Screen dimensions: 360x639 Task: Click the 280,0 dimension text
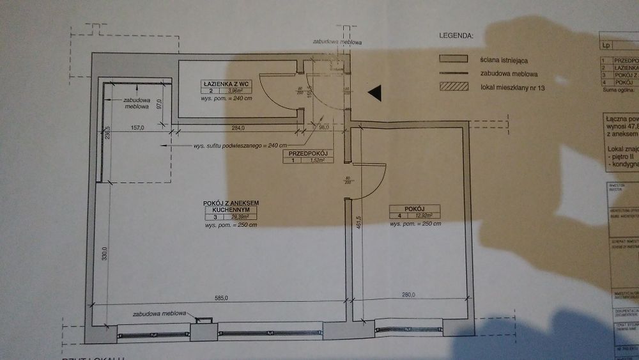pyautogui.click(x=408, y=295)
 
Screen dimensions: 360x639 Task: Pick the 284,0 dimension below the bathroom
pyautogui.click(x=238, y=128)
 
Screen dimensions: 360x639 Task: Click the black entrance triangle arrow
pyautogui.click(x=375, y=93)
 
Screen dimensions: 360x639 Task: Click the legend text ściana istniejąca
pyautogui.click(x=503, y=59)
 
